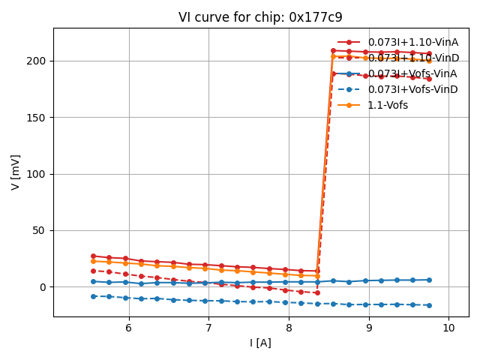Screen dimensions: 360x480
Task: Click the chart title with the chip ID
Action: [260, 17]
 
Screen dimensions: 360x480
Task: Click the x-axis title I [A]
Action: [260, 343]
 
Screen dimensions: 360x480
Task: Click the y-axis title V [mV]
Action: [16, 172]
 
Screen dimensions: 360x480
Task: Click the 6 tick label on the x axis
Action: [128, 328]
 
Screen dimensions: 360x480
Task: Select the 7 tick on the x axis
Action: [208, 328]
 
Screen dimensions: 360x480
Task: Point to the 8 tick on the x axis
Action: [289, 328]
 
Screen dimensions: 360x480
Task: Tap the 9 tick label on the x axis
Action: [368, 328]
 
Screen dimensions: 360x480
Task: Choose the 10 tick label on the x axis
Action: [448, 328]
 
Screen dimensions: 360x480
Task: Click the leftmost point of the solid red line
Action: [93, 256]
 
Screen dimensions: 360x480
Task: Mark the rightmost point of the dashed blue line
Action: [429, 305]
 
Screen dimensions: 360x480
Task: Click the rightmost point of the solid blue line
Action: [429, 280]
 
